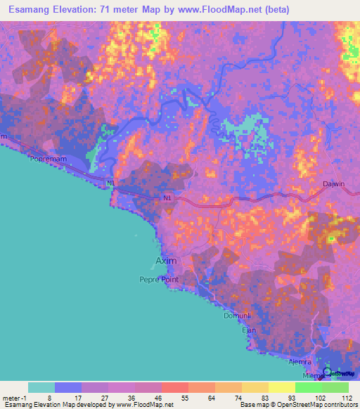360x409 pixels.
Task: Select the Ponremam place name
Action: tap(47, 159)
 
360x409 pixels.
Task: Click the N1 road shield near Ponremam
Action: tap(110, 183)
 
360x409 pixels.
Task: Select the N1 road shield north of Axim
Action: tap(167, 199)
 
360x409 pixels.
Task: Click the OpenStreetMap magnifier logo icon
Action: tap(327, 371)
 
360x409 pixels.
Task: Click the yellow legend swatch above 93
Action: tap(281, 387)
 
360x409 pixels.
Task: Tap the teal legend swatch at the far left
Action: tap(41, 387)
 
